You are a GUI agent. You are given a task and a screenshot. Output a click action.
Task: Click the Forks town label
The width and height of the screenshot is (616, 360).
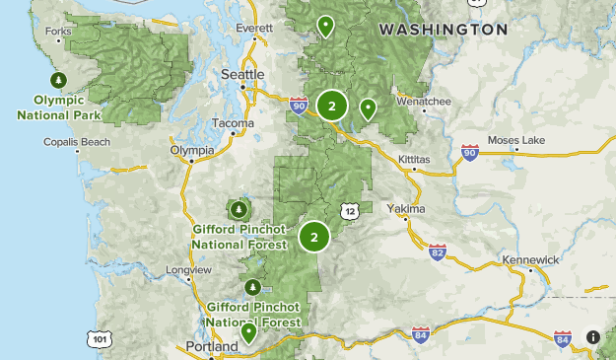point(58,32)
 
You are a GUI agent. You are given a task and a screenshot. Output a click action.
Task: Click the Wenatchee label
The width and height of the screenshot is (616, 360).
point(423,101)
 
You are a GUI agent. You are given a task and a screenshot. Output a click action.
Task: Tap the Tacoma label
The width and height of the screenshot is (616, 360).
point(233,124)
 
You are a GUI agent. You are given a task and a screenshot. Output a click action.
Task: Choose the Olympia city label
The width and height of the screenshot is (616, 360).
point(192,150)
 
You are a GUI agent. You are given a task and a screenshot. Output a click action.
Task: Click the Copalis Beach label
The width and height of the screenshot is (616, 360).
point(77,142)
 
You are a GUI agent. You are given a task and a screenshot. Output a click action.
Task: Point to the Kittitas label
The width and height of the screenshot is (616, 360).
point(414,159)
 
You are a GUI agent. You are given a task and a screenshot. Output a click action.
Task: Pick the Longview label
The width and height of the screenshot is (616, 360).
point(184,269)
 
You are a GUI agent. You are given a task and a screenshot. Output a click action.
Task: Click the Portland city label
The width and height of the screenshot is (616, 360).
point(212,347)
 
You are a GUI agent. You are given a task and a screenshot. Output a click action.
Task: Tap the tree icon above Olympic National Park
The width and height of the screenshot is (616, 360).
point(58,80)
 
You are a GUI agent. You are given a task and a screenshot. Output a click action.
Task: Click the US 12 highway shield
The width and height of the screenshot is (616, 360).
point(349,210)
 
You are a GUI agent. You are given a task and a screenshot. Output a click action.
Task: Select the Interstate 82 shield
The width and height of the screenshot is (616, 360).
point(439,253)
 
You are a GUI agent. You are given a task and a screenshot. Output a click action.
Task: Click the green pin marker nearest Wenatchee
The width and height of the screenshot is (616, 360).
point(369,108)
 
